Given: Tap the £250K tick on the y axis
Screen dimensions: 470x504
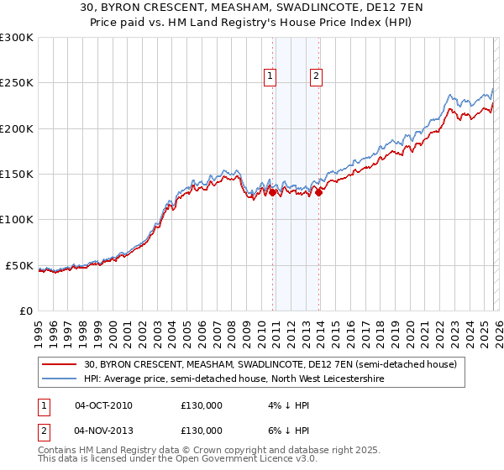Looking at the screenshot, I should pos(17,83).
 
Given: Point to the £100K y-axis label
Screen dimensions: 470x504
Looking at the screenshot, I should pos(17,220).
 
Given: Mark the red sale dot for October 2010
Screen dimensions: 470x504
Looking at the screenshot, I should pos(273,192).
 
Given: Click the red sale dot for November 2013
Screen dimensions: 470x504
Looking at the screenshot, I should pos(319,192).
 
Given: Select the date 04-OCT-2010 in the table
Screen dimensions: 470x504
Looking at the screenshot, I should pos(103,405).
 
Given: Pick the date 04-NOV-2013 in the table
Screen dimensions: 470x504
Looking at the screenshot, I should pos(103,431).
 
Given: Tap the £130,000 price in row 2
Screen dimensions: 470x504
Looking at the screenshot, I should pos(202,431).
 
